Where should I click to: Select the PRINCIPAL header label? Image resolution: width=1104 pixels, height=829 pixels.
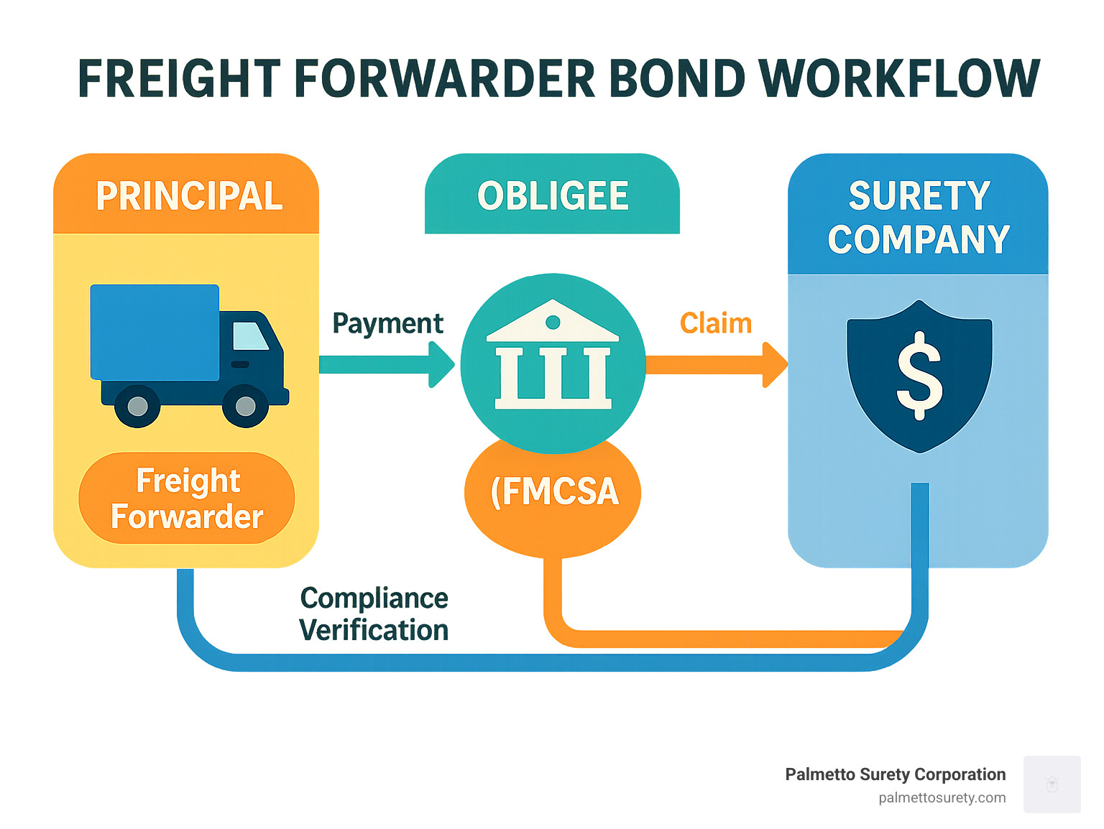click(189, 196)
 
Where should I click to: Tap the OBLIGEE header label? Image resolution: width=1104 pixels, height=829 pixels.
click(553, 196)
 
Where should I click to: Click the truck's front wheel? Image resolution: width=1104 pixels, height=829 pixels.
click(245, 406)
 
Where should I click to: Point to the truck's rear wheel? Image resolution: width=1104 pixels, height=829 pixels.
click(137, 406)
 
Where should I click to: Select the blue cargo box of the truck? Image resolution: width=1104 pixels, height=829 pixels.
click(155, 332)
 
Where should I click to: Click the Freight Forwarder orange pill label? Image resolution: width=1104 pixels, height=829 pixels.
click(187, 499)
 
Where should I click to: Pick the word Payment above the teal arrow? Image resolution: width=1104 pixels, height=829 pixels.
click(387, 323)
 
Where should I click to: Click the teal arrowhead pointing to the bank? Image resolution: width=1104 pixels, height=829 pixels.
click(441, 364)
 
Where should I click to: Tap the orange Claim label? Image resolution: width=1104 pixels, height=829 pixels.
click(716, 323)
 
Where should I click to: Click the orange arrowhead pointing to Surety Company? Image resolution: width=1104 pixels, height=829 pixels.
click(774, 364)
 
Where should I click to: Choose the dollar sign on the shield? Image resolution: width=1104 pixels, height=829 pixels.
click(919, 375)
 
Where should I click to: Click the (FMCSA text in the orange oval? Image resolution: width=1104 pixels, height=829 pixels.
click(554, 492)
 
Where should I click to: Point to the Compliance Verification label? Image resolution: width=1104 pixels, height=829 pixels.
click(374, 614)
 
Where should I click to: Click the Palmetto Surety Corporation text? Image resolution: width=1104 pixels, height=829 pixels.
click(895, 774)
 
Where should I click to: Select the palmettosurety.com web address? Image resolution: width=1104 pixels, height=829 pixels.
click(942, 798)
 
